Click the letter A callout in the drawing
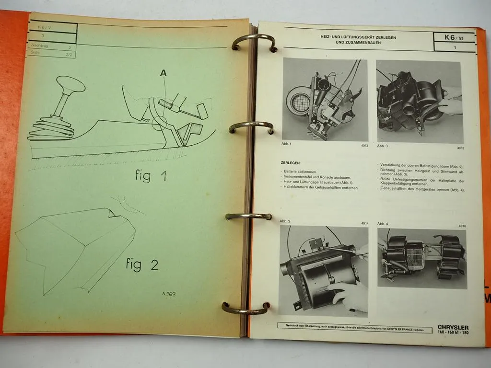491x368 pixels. [164, 73]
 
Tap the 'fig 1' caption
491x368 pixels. [151, 176]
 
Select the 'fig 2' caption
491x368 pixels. [142, 264]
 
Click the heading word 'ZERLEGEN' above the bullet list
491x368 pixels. [291, 162]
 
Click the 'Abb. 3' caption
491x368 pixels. [382, 146]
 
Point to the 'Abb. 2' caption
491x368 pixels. [285, 221]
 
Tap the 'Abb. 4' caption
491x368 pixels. [383, 224]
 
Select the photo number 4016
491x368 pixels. [462, 225]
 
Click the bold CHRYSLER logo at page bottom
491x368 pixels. [453, 327]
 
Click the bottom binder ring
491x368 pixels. [246, 308]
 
